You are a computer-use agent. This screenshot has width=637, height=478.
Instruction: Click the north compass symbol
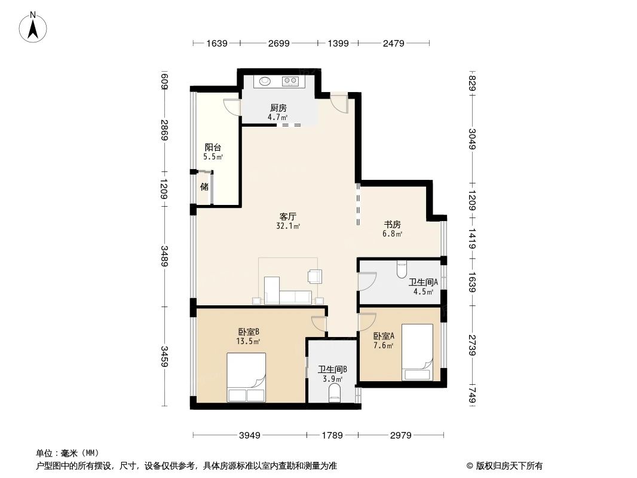click(x=33, y=26)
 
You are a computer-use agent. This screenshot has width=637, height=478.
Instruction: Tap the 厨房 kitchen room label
click(x=278, y=108)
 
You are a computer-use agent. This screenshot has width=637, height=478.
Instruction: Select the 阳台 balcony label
click(x=213, y=147)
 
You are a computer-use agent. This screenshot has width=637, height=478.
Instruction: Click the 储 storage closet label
click(x=204, y=186)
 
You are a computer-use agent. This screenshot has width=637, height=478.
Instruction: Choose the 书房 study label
click(x=392, y=225)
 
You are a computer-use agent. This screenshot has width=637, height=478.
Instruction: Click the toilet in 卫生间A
click(x=401, y=269)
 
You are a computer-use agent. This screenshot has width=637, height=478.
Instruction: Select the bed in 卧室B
click(x=246, y=377)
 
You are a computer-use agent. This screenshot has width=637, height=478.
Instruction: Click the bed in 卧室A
click(x=417, y=351)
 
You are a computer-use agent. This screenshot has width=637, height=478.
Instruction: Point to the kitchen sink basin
click(x=264, y=80)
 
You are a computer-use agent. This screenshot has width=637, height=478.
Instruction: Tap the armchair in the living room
click(x=314, y=276)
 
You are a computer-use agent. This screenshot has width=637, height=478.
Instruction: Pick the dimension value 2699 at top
click(x=278, y=43)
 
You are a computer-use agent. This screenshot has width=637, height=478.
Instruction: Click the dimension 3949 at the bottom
click(x=250, y=436)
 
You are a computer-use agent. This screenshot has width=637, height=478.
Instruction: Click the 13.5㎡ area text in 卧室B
click(x=247, y=342)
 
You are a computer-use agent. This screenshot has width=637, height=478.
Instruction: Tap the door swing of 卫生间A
click(x=367, y=281)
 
